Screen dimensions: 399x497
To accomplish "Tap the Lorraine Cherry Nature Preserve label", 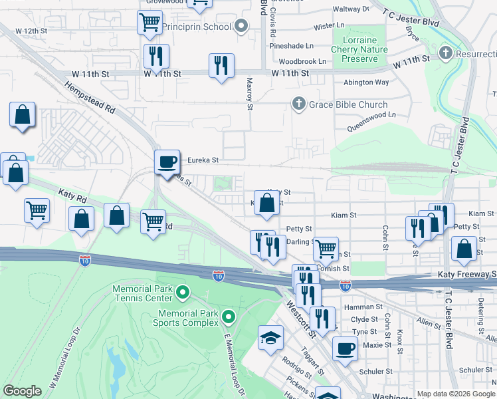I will [x=359, y=49].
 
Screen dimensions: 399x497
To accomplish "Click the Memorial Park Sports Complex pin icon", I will [x=229, y=317].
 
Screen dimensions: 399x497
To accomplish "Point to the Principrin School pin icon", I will [x=241, y=27].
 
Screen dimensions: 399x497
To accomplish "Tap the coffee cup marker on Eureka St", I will [x=166, y=162].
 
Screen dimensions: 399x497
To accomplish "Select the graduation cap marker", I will [x=270, y=338].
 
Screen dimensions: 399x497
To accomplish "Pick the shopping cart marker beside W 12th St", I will [x=149, y=22].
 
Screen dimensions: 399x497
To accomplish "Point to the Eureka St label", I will [x=203, y=160].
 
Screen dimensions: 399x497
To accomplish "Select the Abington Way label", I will [x=365, y=82].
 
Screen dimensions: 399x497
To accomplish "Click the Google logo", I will [x=22, y=391].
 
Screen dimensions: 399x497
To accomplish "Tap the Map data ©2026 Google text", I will [x=455, y=394].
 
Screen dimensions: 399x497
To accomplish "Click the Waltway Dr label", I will [x=350, y=9].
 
